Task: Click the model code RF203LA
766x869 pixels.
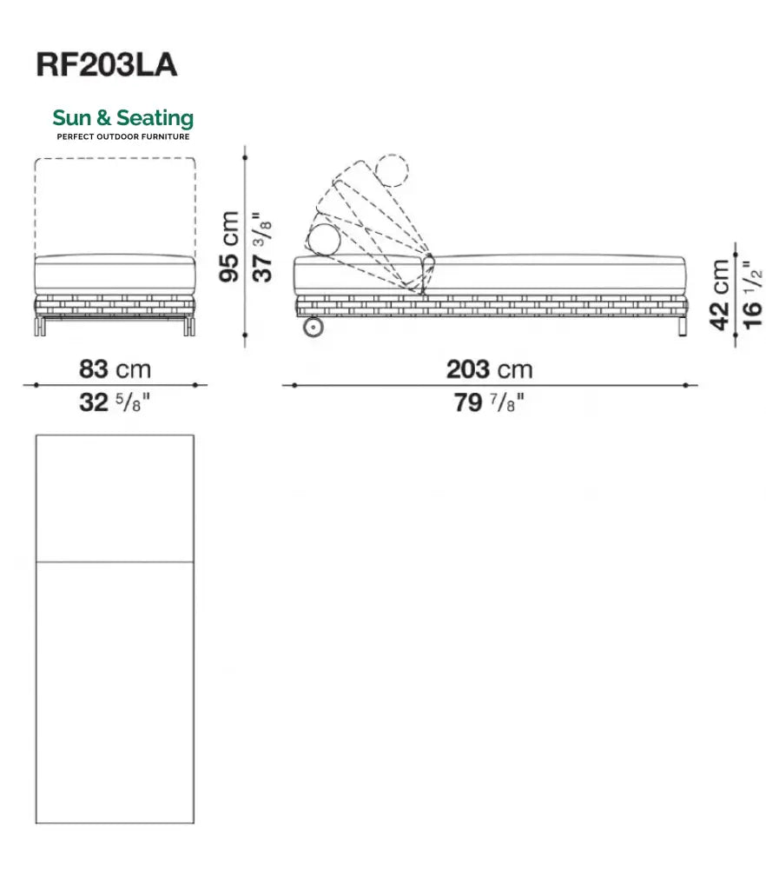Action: [x=107, y=65]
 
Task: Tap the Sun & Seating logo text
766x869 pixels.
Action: [x=123, y=118]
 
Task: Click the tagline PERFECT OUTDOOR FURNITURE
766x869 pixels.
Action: [x=123, y=136]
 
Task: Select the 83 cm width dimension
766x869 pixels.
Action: [x=115, y=369]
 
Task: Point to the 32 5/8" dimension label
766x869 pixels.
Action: [x=115, y=402]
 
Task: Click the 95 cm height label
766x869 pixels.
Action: [x=228, y=246]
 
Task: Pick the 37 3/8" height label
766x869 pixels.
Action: [x=262, y=247]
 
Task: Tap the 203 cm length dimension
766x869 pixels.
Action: [x=490, y=369]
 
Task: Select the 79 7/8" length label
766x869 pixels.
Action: [x=489, y=402]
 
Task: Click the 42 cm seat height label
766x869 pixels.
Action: [x=720, y=295]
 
